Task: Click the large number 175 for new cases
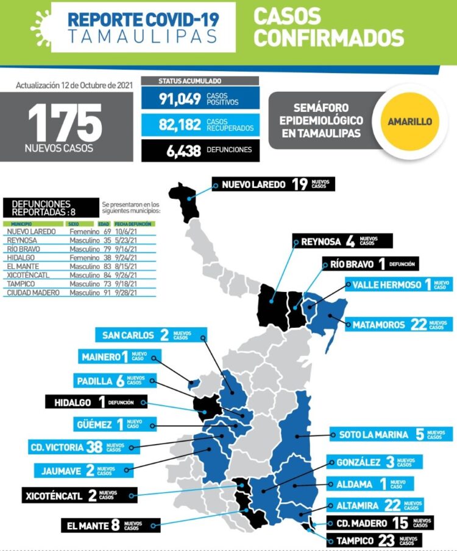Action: click(65, 122)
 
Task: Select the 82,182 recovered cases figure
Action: click(180, 125)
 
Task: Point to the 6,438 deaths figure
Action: click(183, 151)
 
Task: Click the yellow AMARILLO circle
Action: click(409, 121)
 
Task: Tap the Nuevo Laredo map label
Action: click(273, 184)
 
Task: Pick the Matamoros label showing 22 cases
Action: click(400, 325)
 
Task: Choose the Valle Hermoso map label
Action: click(399, 285)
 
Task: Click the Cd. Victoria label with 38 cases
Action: click(76, 447)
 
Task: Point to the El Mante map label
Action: click(110, 525)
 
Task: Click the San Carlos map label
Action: click(151, 334)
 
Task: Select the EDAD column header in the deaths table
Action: click(104, 224)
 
